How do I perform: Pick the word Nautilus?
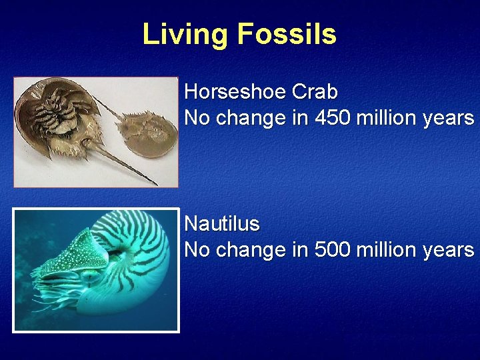(221, 223)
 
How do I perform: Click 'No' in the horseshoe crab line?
(195, 118)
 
